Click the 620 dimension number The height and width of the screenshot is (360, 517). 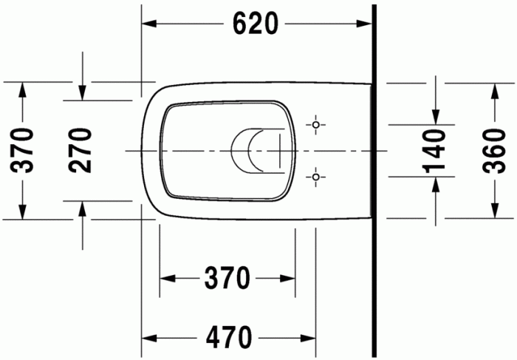[x=256, y=24]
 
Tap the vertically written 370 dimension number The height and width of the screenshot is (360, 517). [x=23, y=150]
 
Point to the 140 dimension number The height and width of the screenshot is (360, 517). [x=436, y=151]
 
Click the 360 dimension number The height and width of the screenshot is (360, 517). [x=493, y=151]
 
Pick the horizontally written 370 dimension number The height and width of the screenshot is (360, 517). [x=227, y=279]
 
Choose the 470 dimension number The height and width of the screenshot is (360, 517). [x=228, y=338]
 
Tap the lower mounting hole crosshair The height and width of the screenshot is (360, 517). [x=316, y=177]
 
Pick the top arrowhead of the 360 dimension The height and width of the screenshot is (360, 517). [x=493, y=89]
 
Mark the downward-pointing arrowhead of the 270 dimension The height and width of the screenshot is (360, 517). [x=83, y=92]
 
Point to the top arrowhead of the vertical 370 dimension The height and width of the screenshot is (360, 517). [x=23, y=89]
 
